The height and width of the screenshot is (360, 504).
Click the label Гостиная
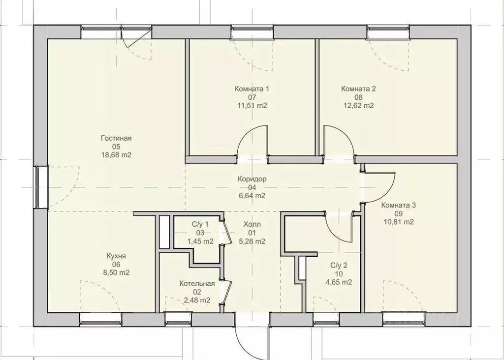coord(116,138)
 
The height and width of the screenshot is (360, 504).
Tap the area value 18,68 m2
coord(116,155)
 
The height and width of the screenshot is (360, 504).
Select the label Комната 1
coord(252,89)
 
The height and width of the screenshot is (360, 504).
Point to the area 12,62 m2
coord(358,106)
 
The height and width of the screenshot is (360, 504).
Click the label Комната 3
coord(398,205)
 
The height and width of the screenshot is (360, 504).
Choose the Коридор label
coord(252,179)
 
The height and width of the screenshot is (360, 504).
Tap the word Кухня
coord(116,256)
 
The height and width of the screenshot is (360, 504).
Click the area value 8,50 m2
coord(116,273)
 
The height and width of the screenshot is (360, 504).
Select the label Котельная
coord(197,284)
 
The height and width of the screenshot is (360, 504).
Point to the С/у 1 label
coord(200,224)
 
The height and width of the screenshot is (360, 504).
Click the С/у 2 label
coord(339,265)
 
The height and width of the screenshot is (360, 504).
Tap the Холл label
coord(252,224)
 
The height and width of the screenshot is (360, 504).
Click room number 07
coord(252,97)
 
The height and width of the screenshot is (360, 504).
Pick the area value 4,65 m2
coord(339,282)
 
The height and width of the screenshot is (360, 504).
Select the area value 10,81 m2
coord(398,222)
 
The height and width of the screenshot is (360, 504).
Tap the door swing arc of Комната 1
coord(250,134)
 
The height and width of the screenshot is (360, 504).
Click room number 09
coord(398,213)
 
